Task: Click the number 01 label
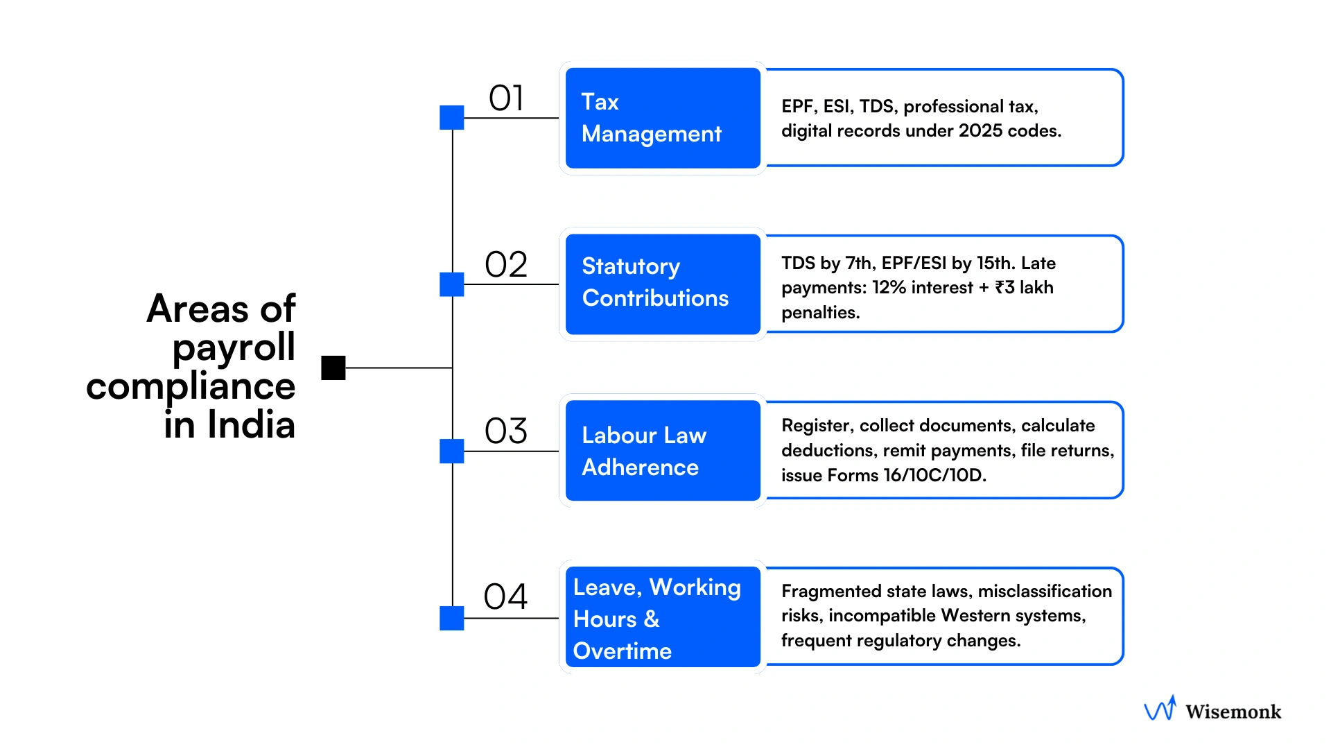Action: (x=506, y=98)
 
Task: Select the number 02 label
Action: (x=506, y=265)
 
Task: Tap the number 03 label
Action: (x=506, y=431)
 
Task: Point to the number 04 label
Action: (x=505, y=597)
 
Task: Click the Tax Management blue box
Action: (x=663, y=118)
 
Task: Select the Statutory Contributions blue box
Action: (x=663, y=284)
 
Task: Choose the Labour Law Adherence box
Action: (x=663, y=451)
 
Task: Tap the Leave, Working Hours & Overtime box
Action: (x=663, y=617)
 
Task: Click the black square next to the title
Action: (x=333, y=368)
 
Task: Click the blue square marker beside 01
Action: (x=452, y=118)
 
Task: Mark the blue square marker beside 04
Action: (x=452, y=618)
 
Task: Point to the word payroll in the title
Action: (x=234, y=348)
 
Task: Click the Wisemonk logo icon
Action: (x=1160, y=709)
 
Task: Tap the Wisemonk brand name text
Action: (x=1233, y=712)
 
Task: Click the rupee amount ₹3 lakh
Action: (x=1024, y=288)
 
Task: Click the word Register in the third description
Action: (x=816, y=426)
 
